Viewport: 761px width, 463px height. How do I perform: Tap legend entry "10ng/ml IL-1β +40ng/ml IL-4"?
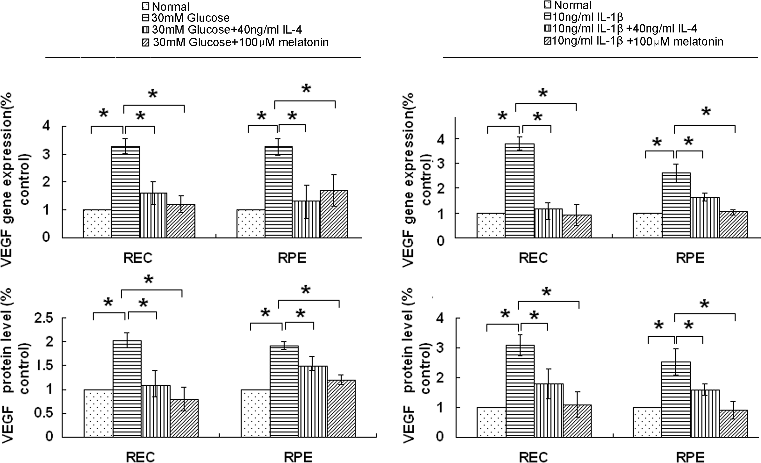621,29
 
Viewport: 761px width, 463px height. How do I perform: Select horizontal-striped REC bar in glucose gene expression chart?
125,192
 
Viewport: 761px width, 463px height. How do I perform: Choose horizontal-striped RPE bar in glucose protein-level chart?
284,391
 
